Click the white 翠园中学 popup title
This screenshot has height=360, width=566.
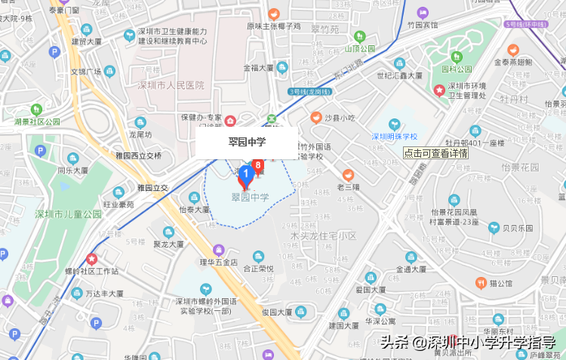coord(247,141)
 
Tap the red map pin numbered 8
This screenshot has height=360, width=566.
coord(258,165)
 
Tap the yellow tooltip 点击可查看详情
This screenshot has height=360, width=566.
coord(435,152)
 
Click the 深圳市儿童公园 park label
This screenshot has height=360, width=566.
coord(68,214)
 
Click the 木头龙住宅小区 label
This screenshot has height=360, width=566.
coord(323,236)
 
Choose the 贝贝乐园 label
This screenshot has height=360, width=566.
coord(518,227)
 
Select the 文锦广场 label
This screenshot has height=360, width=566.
coord(85,72)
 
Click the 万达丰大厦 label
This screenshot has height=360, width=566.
coord(104,293)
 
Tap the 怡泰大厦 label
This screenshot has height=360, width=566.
coord(195,210)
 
